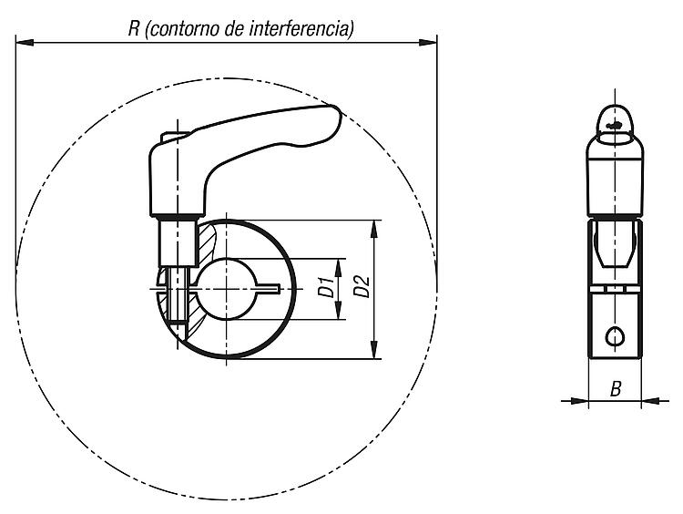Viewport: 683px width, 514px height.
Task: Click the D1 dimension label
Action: pyautogui.click(x=326, y=286)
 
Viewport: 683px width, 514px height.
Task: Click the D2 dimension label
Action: pyautogui.click(x=362, y=286)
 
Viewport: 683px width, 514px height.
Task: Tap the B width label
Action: pyautogui.click(x=615, y=388)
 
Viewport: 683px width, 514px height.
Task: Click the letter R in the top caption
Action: pyautogui.click(x=134, y=29)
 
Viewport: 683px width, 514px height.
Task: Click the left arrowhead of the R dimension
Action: pyautogui.click(x=25, y=42)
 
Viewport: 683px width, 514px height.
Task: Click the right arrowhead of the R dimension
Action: pyautogui.click(x=428, y=42)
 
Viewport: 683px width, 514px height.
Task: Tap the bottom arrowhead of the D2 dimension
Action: pyautogui.click(x=373, y=350)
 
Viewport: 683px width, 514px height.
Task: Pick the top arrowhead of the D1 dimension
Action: pyautogui.click(x=338, y=267)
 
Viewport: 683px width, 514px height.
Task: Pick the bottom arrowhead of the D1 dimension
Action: pyautogui.click(x=338, y=311)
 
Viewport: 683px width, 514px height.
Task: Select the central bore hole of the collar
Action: pyautogui.click(x=226, y=289)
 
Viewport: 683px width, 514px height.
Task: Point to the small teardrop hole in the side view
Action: pyautogui.click(x=615, y=336)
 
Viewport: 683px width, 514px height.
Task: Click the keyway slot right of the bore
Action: pyautogui.click(x=268, y=288)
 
